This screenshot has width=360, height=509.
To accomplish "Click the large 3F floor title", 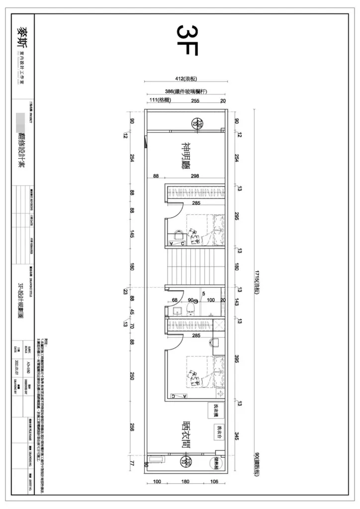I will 188,40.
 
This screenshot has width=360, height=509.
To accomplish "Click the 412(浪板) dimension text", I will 186,79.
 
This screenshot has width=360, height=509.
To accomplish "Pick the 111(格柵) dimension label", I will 160,100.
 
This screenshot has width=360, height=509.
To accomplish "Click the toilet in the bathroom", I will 189,311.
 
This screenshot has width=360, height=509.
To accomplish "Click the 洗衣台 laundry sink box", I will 219,430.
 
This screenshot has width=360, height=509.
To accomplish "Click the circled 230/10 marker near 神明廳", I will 199,123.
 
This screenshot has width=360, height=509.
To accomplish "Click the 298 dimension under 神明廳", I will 195,176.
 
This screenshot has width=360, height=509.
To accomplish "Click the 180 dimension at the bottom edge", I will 185,482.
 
